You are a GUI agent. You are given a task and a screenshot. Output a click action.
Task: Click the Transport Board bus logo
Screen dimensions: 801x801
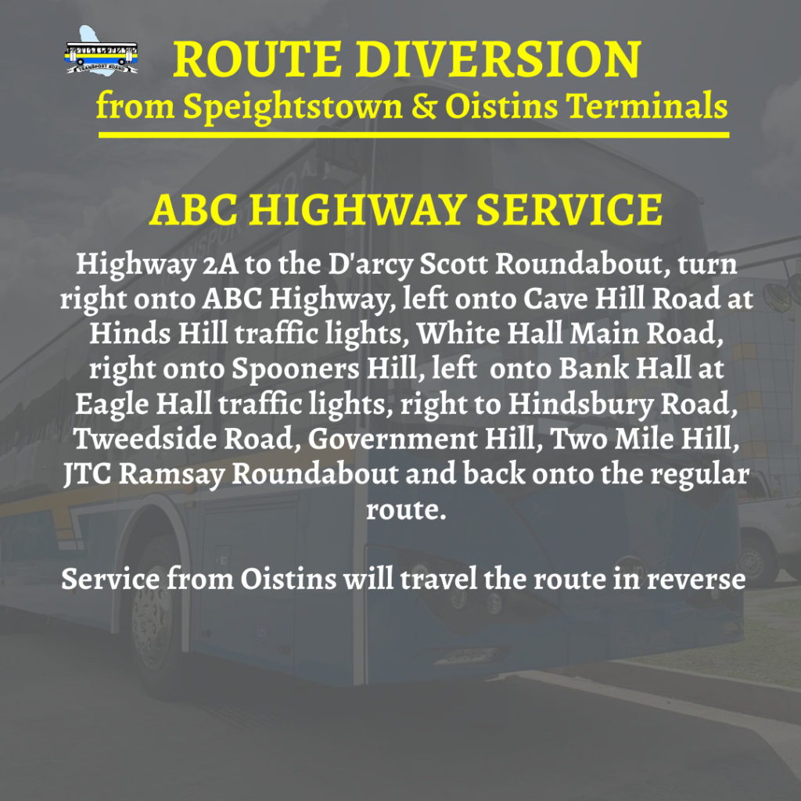click(102, 54)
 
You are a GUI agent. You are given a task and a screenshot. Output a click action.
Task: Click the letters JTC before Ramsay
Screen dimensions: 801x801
click(89, 475)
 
